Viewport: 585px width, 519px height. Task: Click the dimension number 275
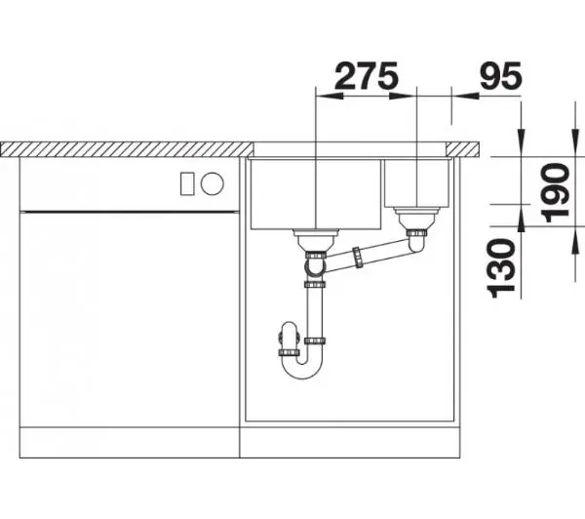[367, 76]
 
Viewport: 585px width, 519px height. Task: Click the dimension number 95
[501, 76]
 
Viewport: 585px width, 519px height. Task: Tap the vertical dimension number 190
[556, 192]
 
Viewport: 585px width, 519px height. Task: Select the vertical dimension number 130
[501, 268]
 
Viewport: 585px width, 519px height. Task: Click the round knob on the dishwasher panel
[212, 183]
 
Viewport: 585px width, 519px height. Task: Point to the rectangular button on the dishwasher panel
[187, 183]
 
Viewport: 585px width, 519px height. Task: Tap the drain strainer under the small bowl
[416, 219]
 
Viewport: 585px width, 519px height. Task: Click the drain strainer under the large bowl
[316, 240]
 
